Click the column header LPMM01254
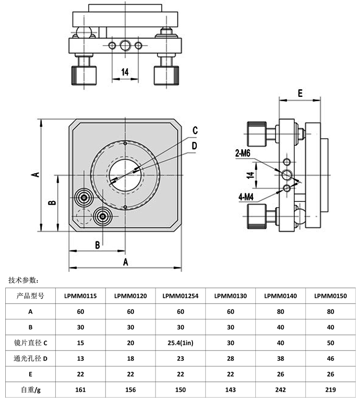tap(180, 296)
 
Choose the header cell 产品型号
tap(31, 296)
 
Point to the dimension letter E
tap(300, 93)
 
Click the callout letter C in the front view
tap(195, 130)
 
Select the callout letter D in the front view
tap(194, 145)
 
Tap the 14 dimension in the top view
tap(125, 72)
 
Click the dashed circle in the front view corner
tap(84, 216)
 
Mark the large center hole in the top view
tap(125, 46)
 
